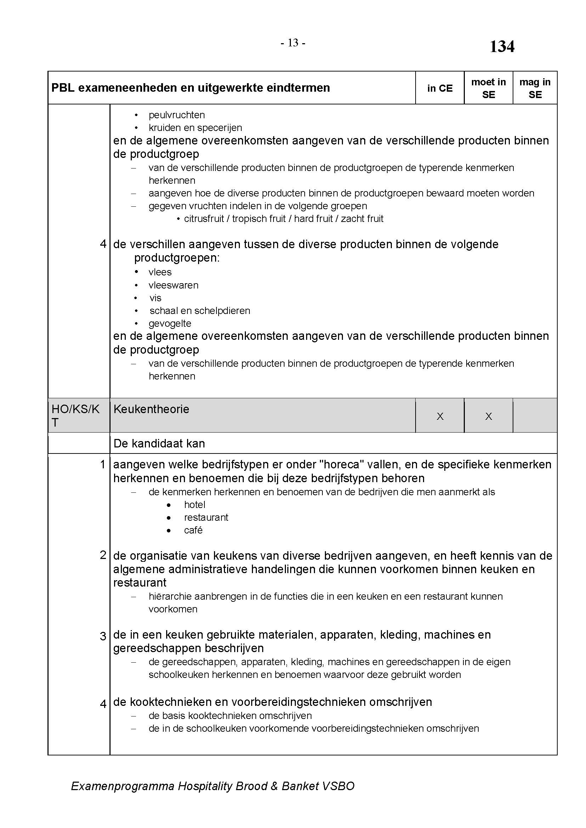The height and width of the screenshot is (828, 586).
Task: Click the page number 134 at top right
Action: click(502, 46)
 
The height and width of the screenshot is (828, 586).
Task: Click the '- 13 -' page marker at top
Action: click(293, 43)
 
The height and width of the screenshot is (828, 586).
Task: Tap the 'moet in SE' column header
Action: click(488, 88)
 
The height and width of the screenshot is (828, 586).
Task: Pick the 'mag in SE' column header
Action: click(535, 88)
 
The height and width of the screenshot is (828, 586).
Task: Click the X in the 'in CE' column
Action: click(440, 417)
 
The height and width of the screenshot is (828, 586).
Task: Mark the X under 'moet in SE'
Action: click(488, 417)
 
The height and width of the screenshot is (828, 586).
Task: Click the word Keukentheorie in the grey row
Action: click(151, 409)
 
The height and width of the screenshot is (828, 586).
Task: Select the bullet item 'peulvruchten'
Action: click(176, 115)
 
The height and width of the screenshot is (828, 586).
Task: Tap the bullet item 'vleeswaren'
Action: click(173, 285)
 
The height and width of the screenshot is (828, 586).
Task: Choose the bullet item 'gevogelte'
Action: click(170, 324)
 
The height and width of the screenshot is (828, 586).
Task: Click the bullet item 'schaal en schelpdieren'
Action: click(199, 310)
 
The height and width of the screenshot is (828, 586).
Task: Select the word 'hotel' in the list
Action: click(195, 504)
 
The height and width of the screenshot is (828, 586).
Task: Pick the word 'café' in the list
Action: click(193, 530)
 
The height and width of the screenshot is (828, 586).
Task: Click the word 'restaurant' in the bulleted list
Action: click(206, 518)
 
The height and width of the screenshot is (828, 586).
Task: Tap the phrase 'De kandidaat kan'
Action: click(159, 443)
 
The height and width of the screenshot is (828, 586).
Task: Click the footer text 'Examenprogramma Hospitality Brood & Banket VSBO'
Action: click(213, 786)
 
